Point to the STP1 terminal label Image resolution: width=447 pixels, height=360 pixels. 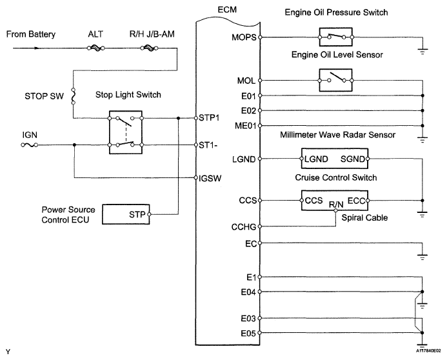210,118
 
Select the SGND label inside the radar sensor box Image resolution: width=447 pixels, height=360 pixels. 353,159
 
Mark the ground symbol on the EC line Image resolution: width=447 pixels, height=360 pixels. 422,255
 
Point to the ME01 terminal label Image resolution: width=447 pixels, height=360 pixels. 248,126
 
